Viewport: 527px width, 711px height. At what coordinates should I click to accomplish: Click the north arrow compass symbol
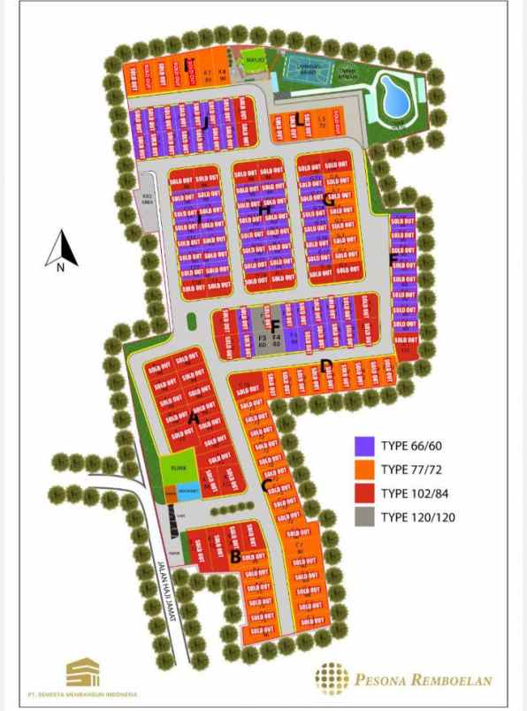[61, 249]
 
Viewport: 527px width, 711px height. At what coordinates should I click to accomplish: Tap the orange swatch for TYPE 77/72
[364, 469]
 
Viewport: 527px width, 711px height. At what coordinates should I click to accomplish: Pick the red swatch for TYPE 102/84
[364, 493]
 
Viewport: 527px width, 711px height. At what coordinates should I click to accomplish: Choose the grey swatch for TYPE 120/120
[364, 516]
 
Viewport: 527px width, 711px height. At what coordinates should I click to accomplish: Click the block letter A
[193, 417]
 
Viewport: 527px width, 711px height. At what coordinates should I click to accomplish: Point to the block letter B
[235, 556]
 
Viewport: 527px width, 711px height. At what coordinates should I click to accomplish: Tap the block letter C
[265, 485]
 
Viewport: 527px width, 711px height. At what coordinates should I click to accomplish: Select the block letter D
[326, 365]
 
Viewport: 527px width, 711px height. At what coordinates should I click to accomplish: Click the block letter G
[329, 200]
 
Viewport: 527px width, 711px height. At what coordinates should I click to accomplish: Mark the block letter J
[205, 123]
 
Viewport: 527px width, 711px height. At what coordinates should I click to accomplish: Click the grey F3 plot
[262, 341]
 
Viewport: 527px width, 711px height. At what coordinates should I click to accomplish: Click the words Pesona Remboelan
[424, 680]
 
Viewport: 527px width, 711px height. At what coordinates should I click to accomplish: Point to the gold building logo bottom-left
[82, 671]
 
